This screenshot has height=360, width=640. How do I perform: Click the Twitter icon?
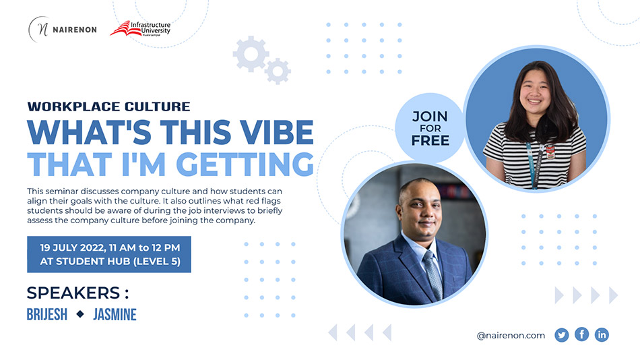562,335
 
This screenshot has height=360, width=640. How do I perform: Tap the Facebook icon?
581,334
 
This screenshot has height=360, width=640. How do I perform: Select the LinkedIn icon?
602,334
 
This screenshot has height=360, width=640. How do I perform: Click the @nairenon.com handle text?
511,336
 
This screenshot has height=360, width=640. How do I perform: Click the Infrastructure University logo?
140,28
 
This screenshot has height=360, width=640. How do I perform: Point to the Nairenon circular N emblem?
38,30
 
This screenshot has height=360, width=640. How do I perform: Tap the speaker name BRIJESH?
47,314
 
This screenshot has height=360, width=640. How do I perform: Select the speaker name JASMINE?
115,314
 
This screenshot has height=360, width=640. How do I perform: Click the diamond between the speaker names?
80,314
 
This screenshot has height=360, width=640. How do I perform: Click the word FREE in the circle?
430,141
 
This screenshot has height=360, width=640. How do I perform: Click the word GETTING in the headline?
245,164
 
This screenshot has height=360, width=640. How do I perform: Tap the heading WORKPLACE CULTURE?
108,107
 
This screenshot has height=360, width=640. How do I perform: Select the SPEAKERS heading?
77,293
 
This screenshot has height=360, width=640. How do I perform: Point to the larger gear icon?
251,53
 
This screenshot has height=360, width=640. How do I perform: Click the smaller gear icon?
278,71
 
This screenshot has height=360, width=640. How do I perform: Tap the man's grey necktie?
433,274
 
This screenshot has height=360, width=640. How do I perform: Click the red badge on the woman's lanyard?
550,151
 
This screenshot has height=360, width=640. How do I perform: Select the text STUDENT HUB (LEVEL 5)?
118,262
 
